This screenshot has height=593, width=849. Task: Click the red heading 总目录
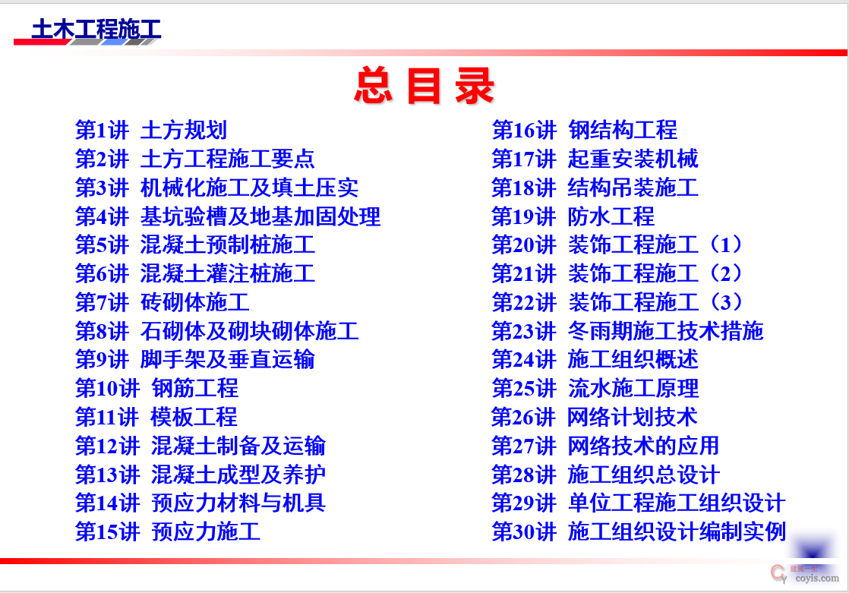pyautogui.click(x=424, y=86)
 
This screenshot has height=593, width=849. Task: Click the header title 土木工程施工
pyautogui.click(x=96, y=29)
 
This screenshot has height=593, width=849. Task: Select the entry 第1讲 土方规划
pyautogui.click(x=151, y=130)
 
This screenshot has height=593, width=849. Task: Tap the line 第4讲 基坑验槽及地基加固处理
pyautogui.click(x=228, y=216)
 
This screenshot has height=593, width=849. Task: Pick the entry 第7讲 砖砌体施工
pyautogui.click(x=163, y=302)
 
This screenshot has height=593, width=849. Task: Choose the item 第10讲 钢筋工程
pyautogui.click(x=157, y=388)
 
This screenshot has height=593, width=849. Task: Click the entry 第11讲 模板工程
pyautogui.click(x=156, y=417)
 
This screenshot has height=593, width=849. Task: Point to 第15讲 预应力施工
pyautogui.click(x=168, y=531)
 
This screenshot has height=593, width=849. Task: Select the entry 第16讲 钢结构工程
pyautogui.click(x=584, y=130)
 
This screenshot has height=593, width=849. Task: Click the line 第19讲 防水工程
pyautogui.click(x=573, y=216)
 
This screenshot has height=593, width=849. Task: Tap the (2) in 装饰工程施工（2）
pyautogui.click(x=725, y=273)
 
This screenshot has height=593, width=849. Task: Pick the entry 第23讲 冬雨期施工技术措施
pyautogui.click(x=627, y=331)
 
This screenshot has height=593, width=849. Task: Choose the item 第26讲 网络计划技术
pyautogui.click(x=595, y=417)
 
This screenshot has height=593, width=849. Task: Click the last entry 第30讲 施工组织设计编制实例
pyautogui.click(x=639, y=531)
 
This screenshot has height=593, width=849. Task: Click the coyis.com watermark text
pyautogui.click(x=817, y=579)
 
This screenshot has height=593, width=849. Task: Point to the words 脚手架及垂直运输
pyautogui.click(x=227, y=360)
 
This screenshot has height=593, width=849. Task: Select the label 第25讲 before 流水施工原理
pyautogui.click(x=524, y=388)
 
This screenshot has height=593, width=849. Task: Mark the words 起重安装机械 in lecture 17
pyautogui.click(x=633, y=159)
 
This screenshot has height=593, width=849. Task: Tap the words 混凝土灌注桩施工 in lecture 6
pyautogui.click(x=227, y=273)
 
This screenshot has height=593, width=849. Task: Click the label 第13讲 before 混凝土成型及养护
pyautogui.click(x=108, y=475)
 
